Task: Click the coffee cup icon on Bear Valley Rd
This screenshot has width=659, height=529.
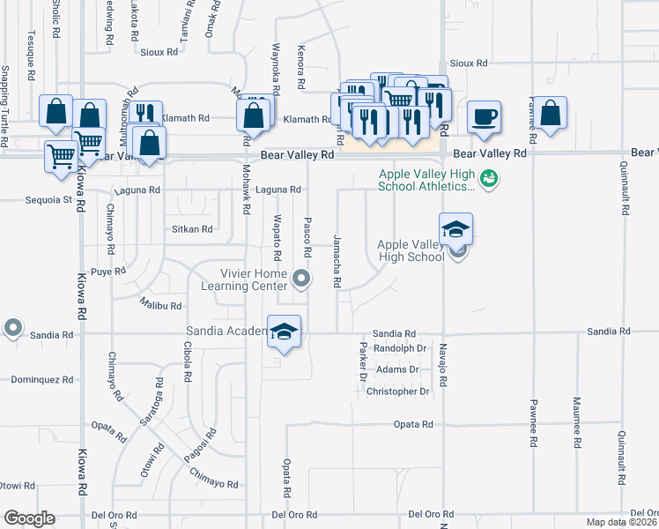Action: pyautogui.click(x=484, y=115)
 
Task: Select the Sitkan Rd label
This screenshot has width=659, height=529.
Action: pyautogui.click(x=192, y=228)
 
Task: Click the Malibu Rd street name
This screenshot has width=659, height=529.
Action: pyautogui.click(x=160, y=306)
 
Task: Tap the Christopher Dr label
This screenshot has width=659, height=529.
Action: pyautogui.click(x=397, y=391)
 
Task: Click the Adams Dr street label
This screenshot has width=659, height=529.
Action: pyautogui.click(x=391, y=369)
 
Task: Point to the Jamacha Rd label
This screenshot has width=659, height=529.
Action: pyautogui.click(x=337, y=261)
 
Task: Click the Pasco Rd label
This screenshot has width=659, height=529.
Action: pyautogui.click(x=307, y=237)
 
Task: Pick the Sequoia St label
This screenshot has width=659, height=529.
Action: pyautogui.click(x=54, y=200)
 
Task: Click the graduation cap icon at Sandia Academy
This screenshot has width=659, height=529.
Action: pyautogui.click(x=285, y=332)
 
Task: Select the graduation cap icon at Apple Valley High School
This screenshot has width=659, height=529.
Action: pyautogui.click(x=455, y=229)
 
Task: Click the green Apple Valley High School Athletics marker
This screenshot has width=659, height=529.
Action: pyautogui.click(x=491, y=180)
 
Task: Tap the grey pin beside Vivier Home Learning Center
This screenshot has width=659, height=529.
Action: pyautogui.click(x=302, y=279)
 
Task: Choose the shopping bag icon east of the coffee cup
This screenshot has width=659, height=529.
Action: pyautogui.click(x=551, y=114)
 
